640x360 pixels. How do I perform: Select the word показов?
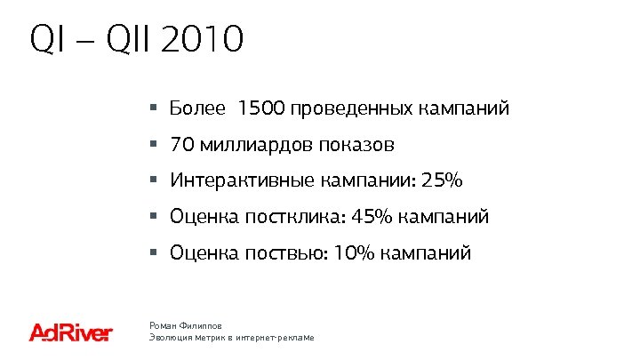coord(359,144)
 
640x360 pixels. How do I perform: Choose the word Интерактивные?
coord(241,180)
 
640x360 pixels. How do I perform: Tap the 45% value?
coord(372,217)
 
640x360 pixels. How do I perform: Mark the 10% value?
coord(354,253)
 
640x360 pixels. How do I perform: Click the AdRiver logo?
coord(71,333)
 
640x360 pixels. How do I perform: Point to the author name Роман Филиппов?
coord(186,326)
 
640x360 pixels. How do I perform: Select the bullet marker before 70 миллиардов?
coord(154,144)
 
